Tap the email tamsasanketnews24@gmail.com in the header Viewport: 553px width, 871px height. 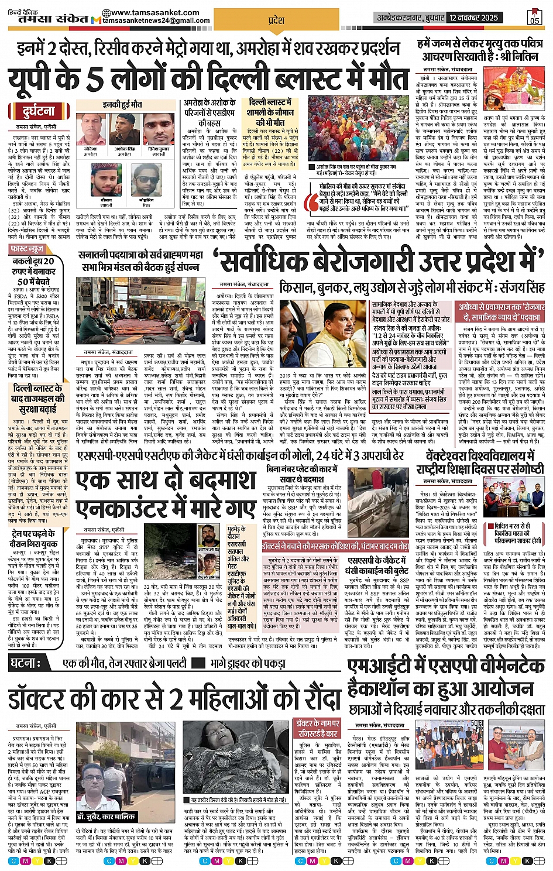click(155, 20)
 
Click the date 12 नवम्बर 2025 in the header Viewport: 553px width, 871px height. click(473, 18)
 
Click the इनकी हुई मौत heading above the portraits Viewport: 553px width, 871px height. click(122, 104)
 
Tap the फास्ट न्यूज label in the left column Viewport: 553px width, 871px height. click(27, 249)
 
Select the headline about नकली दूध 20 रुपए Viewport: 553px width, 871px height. click(33, 271)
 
